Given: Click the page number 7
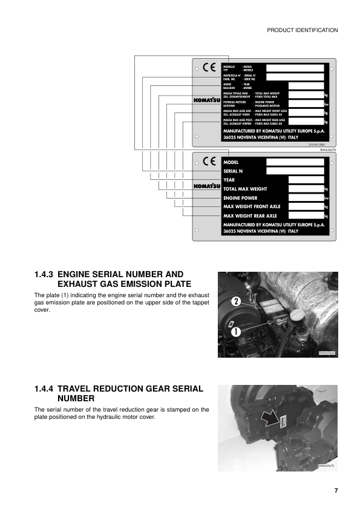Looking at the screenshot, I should [335, 490].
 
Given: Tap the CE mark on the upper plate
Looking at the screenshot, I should [209, 68].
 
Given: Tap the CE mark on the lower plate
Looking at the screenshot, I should [209, 162].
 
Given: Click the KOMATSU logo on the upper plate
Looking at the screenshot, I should [206, 99].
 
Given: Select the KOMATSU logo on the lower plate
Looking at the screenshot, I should [206, 186].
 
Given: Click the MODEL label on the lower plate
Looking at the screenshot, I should [231, 163].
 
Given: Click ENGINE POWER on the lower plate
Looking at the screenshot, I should [240, 198].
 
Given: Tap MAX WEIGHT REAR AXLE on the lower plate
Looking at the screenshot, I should [250, 215].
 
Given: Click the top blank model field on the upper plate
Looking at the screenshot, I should [296, 67].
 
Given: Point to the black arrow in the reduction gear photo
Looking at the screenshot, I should [267, 416].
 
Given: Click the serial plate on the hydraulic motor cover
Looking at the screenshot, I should [281, 419].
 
